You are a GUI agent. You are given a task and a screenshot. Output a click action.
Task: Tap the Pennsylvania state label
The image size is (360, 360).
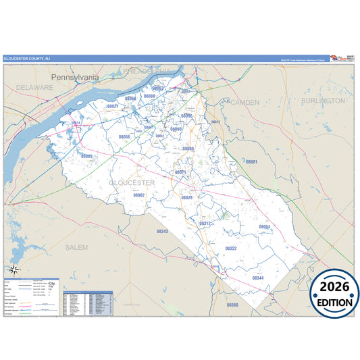click(x=75, y=77)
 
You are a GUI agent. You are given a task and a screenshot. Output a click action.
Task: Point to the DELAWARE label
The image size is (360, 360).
click(x=35, y=88)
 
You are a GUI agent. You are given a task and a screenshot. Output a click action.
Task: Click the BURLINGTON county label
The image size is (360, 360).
click(x=323, y=100)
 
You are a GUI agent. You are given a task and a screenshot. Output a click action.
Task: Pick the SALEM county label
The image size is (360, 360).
click(x=76, y=248)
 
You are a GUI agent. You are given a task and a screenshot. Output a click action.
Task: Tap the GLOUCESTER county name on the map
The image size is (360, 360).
click(x=132, y=182)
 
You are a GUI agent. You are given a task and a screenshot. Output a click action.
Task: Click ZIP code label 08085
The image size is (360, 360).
click(x=86, y=156)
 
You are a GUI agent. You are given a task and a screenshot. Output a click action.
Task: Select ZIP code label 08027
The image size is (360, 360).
click(x=113, y=107)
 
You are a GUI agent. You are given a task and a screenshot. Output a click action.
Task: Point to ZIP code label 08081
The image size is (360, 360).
click(x=251, y=162)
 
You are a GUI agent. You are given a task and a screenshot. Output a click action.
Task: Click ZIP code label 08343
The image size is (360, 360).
click(x=162, y=231)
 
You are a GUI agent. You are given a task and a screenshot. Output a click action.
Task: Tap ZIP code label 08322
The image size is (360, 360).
click(x=230, y=249)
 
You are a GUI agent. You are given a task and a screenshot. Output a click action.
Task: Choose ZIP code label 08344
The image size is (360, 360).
click(x=258, y=278)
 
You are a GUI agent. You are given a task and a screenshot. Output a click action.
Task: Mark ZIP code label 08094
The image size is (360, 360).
click(x=264, y=226)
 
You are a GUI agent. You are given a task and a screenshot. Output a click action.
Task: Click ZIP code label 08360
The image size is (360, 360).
click(x=232, y=305)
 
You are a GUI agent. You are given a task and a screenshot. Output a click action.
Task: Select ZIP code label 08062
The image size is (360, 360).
click(x=139, y=195)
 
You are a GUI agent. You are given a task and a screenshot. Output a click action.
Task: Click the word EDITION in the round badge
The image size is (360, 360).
click(x=334, y=302)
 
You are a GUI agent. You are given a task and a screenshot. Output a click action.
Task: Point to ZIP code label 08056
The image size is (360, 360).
click(x=124, y=136)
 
